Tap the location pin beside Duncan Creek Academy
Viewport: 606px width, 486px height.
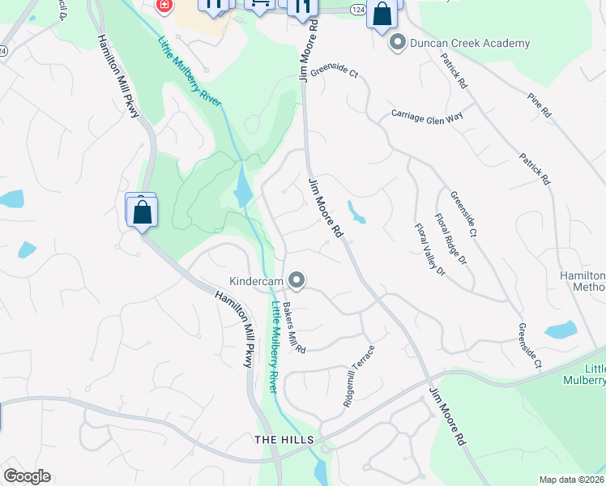[x=397, y=42]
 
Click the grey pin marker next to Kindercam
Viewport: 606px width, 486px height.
[x=297, y=281]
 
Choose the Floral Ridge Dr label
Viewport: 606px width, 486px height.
[x=450, y=239]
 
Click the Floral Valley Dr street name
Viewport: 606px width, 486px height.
[x=430, y=250]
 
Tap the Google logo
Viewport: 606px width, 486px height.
[x=27, y=476]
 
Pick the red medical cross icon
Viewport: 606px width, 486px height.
[x=164, y=5]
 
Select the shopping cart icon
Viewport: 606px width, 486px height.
[x=259, y=5]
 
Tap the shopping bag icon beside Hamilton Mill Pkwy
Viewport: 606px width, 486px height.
[x=142, y=212]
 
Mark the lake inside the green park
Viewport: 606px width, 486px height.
[x=241, y=188]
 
